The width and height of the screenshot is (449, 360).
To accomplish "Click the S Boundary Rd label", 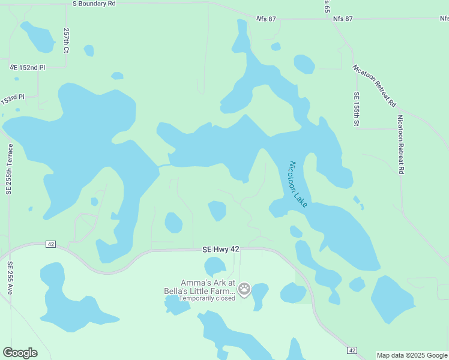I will (94, 4).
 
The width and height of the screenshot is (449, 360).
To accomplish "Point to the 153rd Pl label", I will (13, 100).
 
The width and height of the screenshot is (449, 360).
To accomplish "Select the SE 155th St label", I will (356, 109).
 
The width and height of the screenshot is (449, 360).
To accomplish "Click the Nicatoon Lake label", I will (298, 184).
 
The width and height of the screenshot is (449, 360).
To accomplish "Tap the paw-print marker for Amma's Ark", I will (244, 290).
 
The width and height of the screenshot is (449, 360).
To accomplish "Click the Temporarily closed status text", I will (208, 298).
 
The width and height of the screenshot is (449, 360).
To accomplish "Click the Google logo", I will (20, 353).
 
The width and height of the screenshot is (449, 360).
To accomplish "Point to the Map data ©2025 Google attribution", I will (412, 355).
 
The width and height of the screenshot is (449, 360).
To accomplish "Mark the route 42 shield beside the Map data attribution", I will (352, 350).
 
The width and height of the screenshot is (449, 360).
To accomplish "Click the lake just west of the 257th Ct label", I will (37, 37).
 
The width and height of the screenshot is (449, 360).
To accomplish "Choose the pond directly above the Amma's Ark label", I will (215, 265).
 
